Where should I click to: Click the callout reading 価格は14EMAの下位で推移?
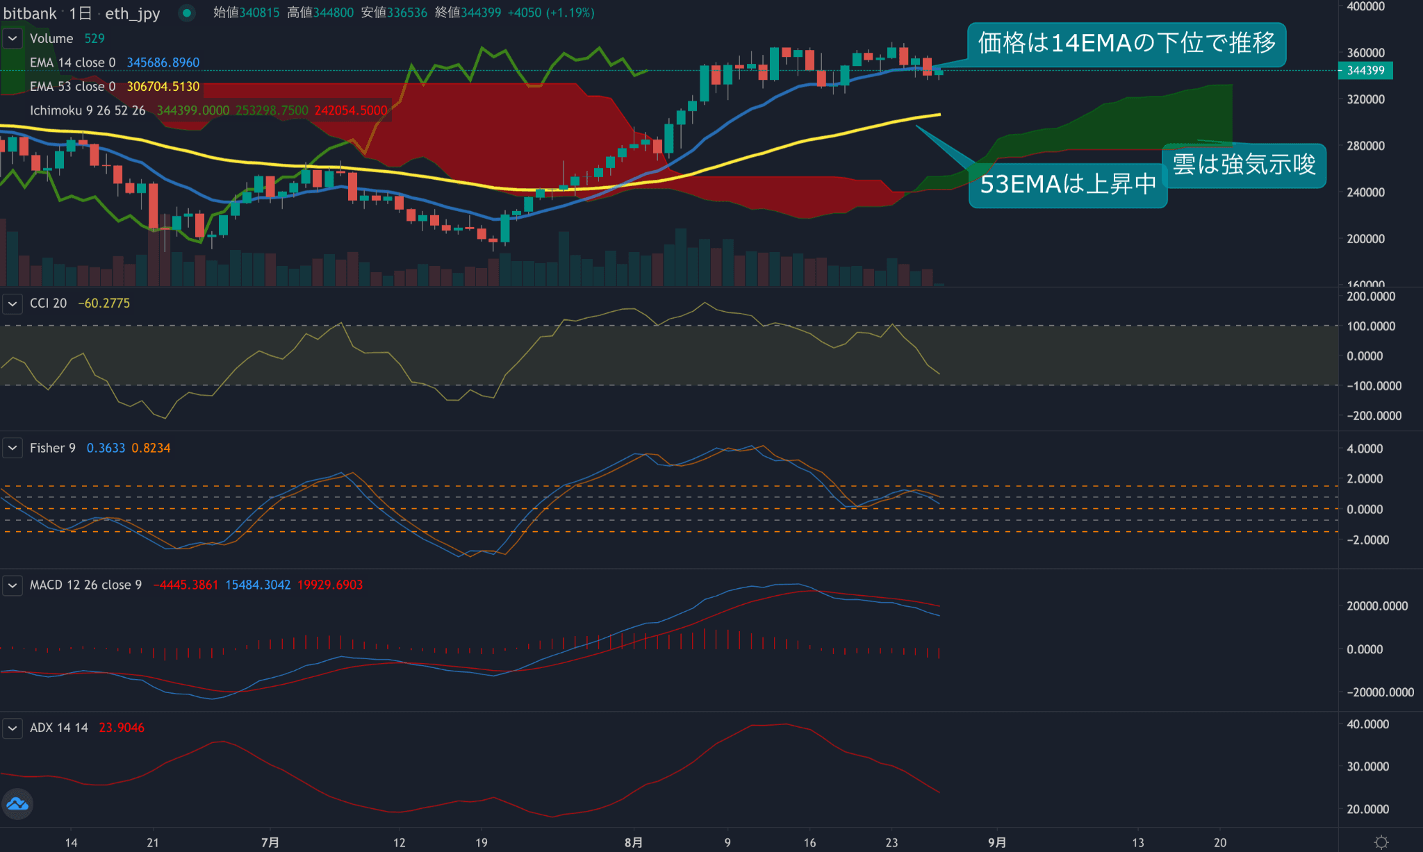[1126, 44]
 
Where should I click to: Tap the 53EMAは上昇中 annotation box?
[1068, 185]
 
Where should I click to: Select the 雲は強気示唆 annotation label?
[1244, 165]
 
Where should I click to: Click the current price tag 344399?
[1365, 70]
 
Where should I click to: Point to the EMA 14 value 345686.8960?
[163, 62]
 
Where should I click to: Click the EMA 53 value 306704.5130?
[163, 87]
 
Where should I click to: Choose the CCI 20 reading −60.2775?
[104, 303]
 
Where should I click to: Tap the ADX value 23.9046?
[122, 728]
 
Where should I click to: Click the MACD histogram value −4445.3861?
[186, 585]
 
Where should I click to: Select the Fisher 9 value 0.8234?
[151, 449]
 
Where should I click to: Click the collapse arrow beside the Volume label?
[13, 39]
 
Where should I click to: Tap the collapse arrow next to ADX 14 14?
[13, 728]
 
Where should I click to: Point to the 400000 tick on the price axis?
[1365, 7]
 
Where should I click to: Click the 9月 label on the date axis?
[997, 842]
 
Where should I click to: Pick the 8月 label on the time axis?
[633, 842]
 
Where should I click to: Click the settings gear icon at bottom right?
[1381, 842]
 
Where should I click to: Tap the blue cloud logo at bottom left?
[17, 804]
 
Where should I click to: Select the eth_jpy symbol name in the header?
[132, 13]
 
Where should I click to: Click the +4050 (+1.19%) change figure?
[551, 13]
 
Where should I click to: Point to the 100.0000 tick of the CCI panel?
[1370, 326]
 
